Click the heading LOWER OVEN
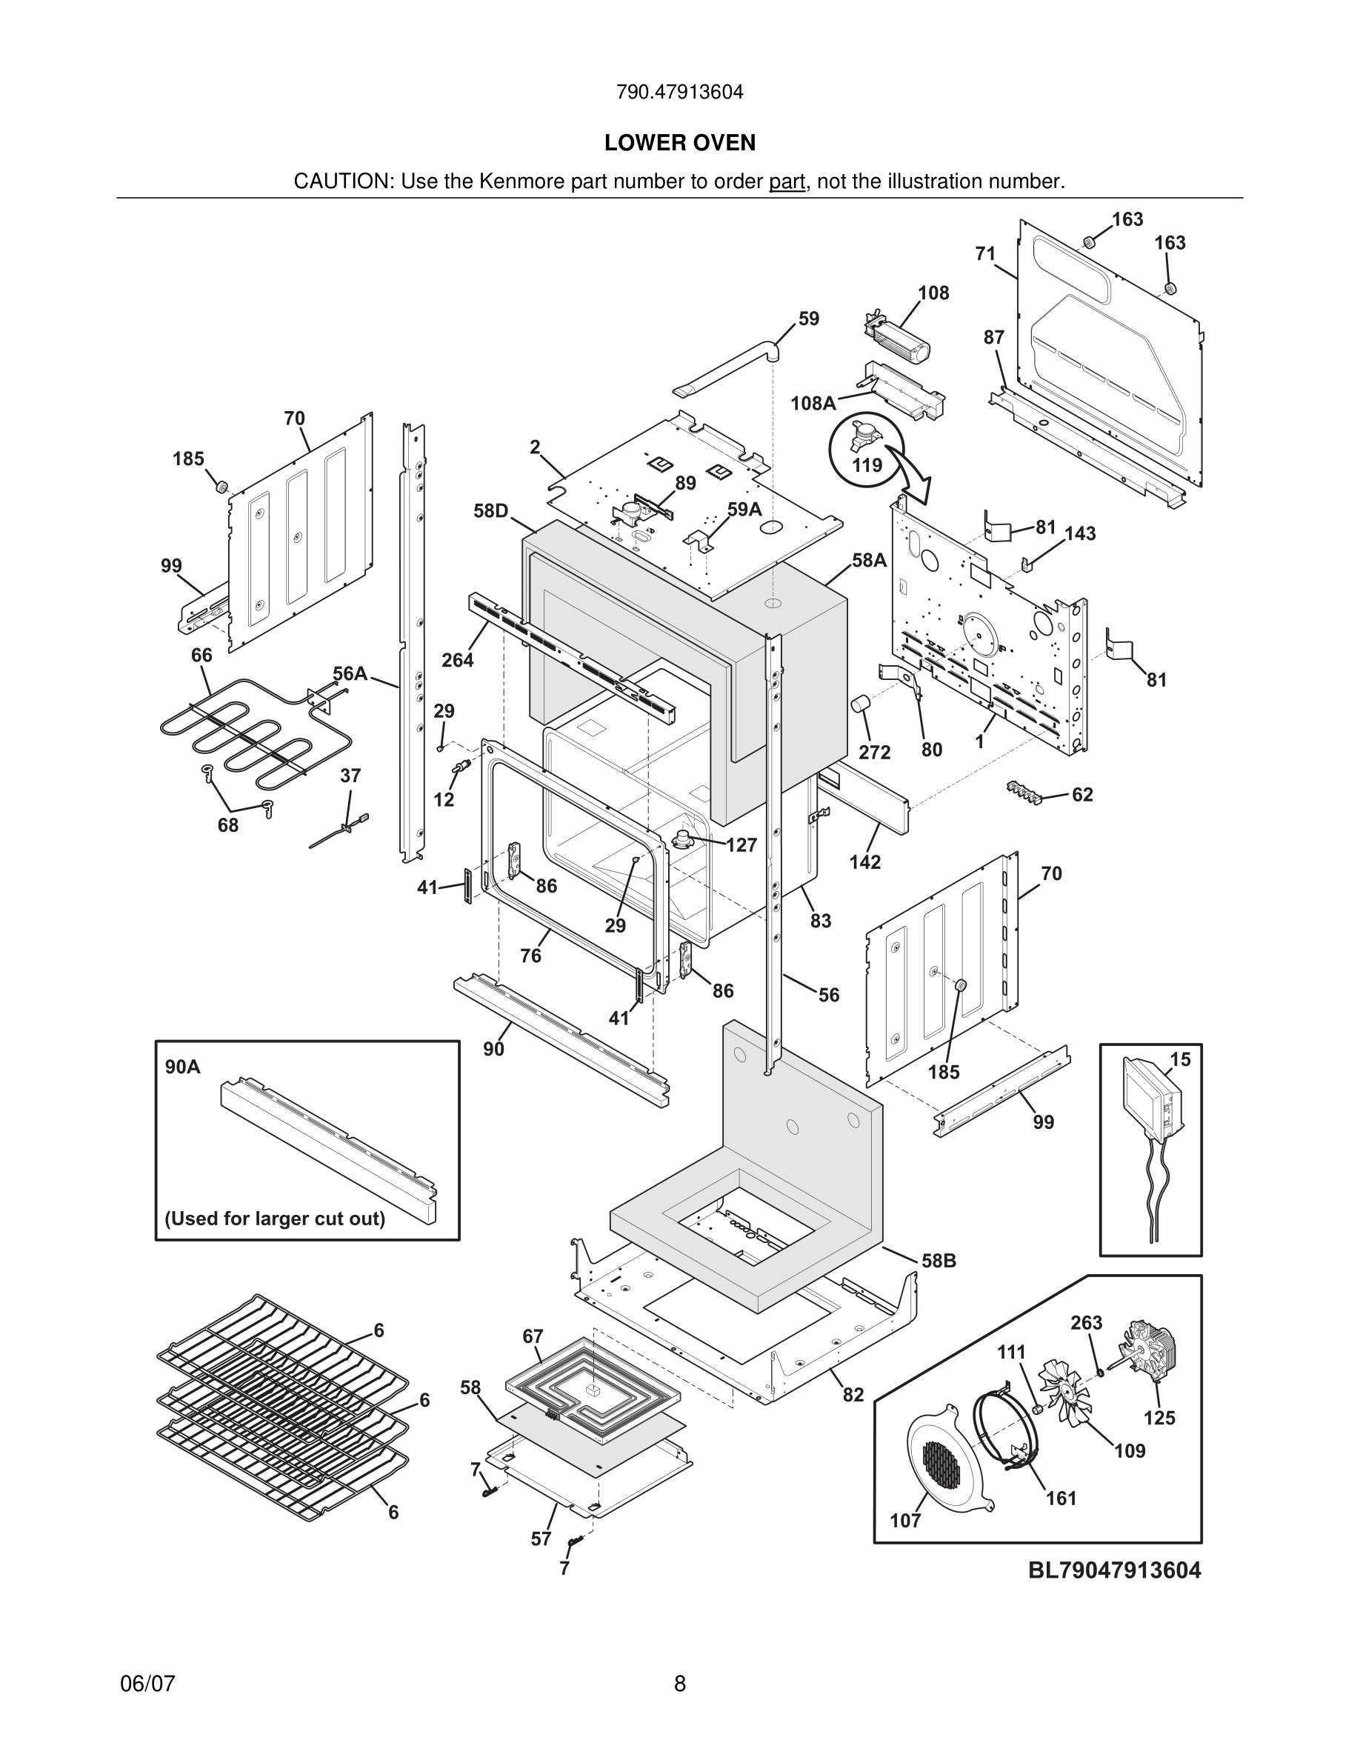pos(679,143)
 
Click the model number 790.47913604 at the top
pos(679,92)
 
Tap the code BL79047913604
pos(1113,1570)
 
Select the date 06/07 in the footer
pos(147,1684)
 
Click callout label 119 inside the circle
pos(867,465)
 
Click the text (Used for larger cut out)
pos(275,1219)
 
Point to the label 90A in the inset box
pos(183,1067)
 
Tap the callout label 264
pos(458,660)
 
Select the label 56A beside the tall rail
pos(350,673)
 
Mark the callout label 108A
pos(813,403)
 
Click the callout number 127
pos(741,844)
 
